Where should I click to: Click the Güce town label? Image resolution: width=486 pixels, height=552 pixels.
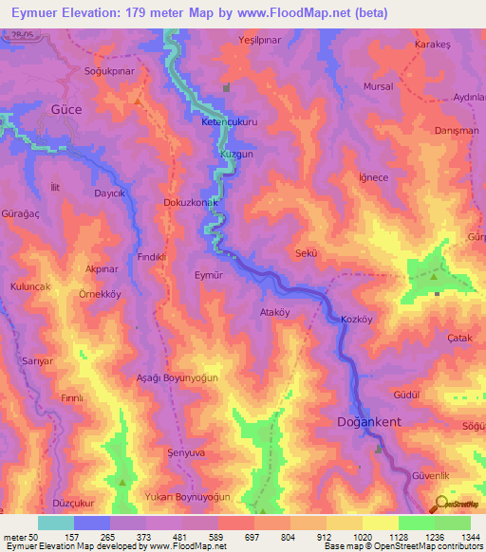point(65,110)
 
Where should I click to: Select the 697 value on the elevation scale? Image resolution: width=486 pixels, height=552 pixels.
point(252,537)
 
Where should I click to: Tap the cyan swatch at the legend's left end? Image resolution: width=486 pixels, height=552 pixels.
point(56,523)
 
